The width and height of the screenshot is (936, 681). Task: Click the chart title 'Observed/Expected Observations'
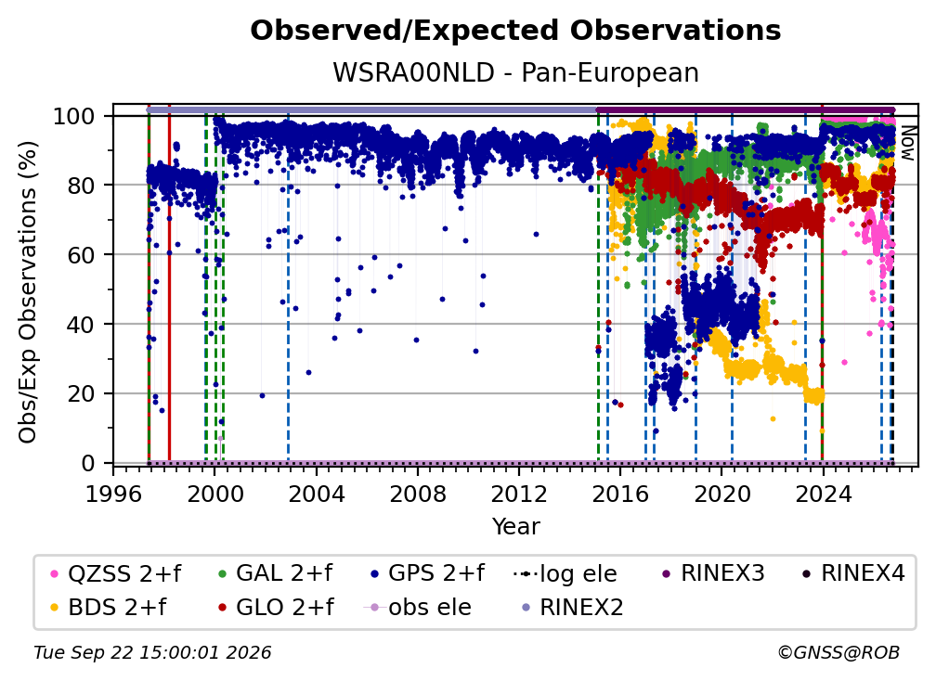coord(515,31)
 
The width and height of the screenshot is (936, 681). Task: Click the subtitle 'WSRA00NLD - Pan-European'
coord(515,72)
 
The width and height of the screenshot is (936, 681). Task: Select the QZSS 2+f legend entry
coord(116,573)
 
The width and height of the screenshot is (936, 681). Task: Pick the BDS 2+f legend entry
coord(108,607)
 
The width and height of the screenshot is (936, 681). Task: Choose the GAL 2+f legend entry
coord(276,573)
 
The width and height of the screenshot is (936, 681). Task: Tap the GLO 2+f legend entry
coord(276,607)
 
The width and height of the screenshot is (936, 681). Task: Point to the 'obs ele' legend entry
coord(417,607)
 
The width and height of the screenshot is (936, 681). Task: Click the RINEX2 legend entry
coord(573,607)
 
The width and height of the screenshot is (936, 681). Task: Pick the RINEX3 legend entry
coord(713,573)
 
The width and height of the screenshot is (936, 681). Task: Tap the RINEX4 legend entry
coord(854,573)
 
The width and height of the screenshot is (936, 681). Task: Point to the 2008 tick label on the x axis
coord(417,494)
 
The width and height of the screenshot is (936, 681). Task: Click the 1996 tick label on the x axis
coord(113,494)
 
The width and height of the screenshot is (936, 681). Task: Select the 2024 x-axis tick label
coord(823,494)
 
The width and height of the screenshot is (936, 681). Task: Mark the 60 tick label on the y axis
coord(81,254)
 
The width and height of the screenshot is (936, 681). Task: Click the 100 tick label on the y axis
coord(74,116)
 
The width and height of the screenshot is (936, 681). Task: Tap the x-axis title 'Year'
coord(515,527)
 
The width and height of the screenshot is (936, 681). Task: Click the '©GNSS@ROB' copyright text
coord(838,652)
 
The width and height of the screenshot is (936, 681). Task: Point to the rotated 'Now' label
coord(907,143)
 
